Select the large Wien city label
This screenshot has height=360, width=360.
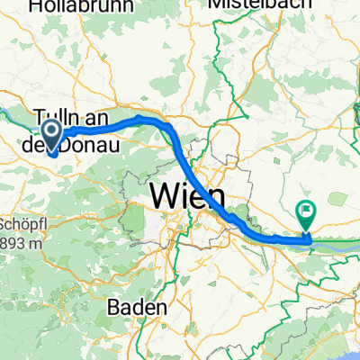[x=191, y=194]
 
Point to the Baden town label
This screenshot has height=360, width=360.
[x=137, y=307]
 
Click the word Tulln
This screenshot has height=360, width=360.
[x=58, y=119]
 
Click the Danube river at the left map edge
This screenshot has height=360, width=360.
[x=4, y=112]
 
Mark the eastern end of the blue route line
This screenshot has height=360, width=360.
[x=308, y=239]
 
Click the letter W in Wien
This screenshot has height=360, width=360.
[x=167, y=194]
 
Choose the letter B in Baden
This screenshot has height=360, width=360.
[x=113, y=307]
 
